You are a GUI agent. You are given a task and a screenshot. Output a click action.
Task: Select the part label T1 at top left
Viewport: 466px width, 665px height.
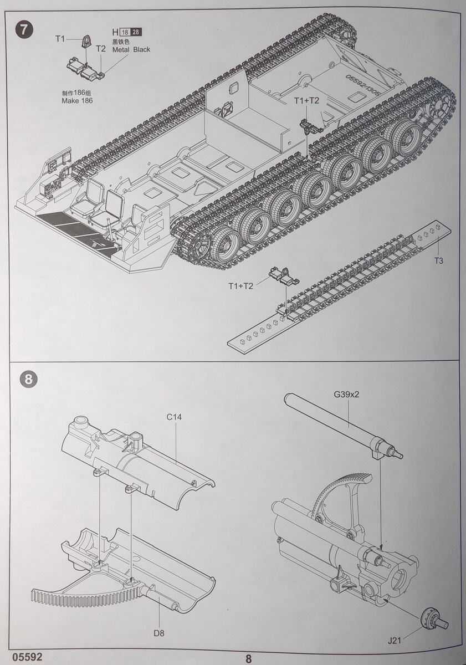point(60,38)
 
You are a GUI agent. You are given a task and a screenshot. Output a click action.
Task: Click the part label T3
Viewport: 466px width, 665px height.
point(438,260)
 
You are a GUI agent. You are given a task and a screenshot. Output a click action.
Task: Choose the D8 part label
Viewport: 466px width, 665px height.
point(159,632)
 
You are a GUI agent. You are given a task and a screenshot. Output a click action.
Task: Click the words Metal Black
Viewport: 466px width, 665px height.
point(131,49)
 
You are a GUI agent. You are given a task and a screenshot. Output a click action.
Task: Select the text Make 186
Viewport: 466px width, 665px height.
point(78,101)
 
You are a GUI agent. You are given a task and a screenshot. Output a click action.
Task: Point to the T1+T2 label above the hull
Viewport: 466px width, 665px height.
point(306,100)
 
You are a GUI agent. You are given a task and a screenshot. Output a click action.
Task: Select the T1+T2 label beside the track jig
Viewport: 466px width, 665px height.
point(240,286)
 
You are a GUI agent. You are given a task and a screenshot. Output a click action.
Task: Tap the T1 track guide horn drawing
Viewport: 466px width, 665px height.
point(87,40)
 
